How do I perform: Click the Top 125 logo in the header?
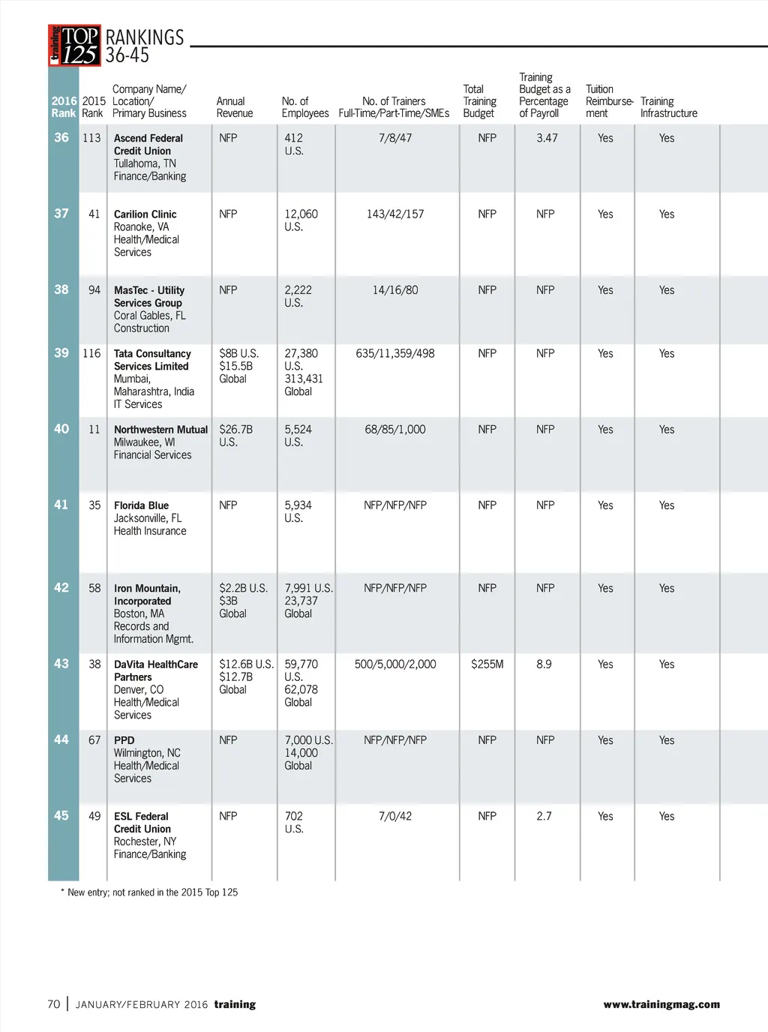pos(74,46)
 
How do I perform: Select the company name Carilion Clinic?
pos(145,214)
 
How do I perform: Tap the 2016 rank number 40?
pos(61,429)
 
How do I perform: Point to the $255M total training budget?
pos(487,664)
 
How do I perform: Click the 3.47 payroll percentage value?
pos(547,138)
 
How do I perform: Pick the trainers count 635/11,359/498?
pos(395,353)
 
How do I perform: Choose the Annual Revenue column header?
pos(234,107)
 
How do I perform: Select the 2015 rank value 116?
pos(91,353)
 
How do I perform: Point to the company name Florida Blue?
pos(141,505)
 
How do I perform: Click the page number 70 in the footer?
pos(53,1004)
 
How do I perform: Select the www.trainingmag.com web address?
pos(661,1004)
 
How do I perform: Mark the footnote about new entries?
pos(149,892)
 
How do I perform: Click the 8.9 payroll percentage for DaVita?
pos(544,664)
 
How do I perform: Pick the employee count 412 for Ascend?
pos(293,138)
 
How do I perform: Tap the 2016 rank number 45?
pos(61,815)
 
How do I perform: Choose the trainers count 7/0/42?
pos(395,816)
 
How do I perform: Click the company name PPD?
pos(124,740)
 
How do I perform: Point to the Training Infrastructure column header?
pos(668,107)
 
